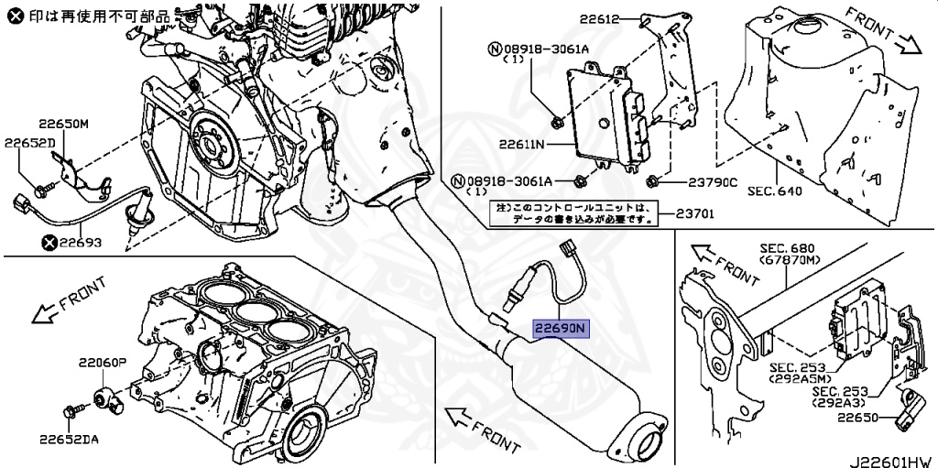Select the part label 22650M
point(63,124)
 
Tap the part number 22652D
point(29,143)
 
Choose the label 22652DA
point(69,439)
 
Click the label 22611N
point(522,144)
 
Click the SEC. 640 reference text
point(774,190)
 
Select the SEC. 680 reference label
point(787,248)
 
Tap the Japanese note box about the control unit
point(573,213)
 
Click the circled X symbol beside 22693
point(49,243)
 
